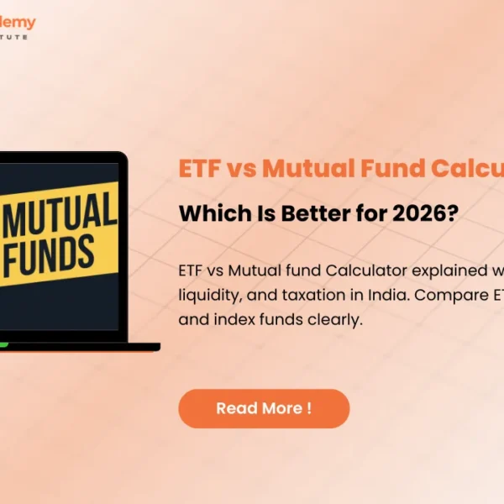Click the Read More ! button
point(263,409)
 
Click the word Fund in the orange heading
point(388,169)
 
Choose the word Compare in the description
point(444,297)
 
